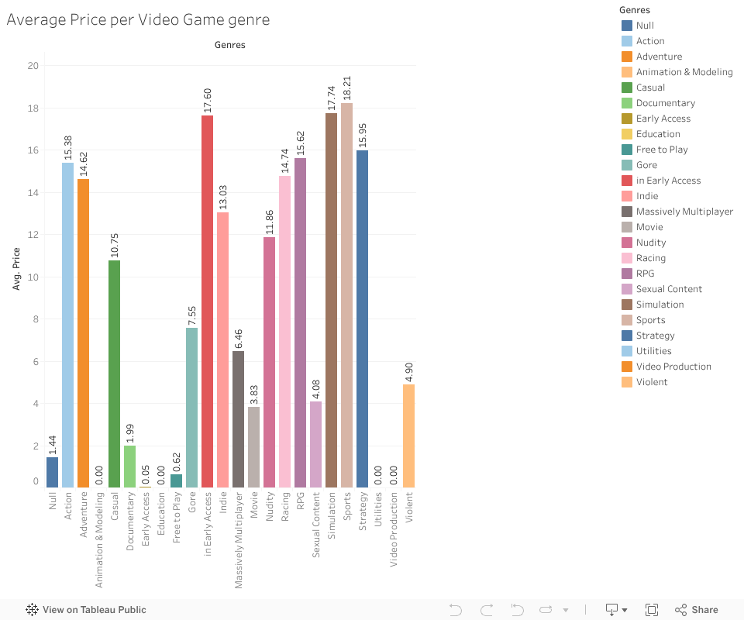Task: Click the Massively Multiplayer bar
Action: pyautogui.click(x=238, y=419)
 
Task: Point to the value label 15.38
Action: pyautogui.click(x=68, y=145)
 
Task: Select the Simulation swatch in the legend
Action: pyautogui.click(x=627, y=305)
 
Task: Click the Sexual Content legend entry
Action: pyautogui.click(x=669, y=289)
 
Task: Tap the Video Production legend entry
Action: pyautogui.click(x=673, y=367)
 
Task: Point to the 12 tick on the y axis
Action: pyautogui.click(x=33, y=235)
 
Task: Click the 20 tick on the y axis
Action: pyautogui.click(x=33, y=66)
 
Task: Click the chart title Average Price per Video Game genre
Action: pyautogui.click(x=138, y=20)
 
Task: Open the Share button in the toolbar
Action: pyautogui.click(x=697, y=610)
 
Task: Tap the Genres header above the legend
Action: pyautogui.click(x=635, y=10)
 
